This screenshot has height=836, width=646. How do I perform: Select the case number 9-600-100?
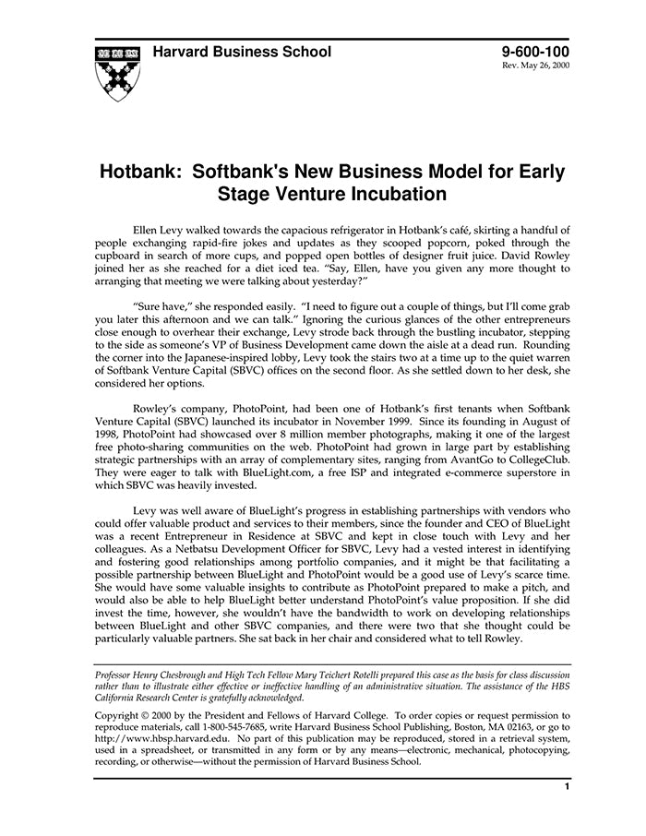536,52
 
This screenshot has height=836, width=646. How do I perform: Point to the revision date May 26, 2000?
544,67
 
